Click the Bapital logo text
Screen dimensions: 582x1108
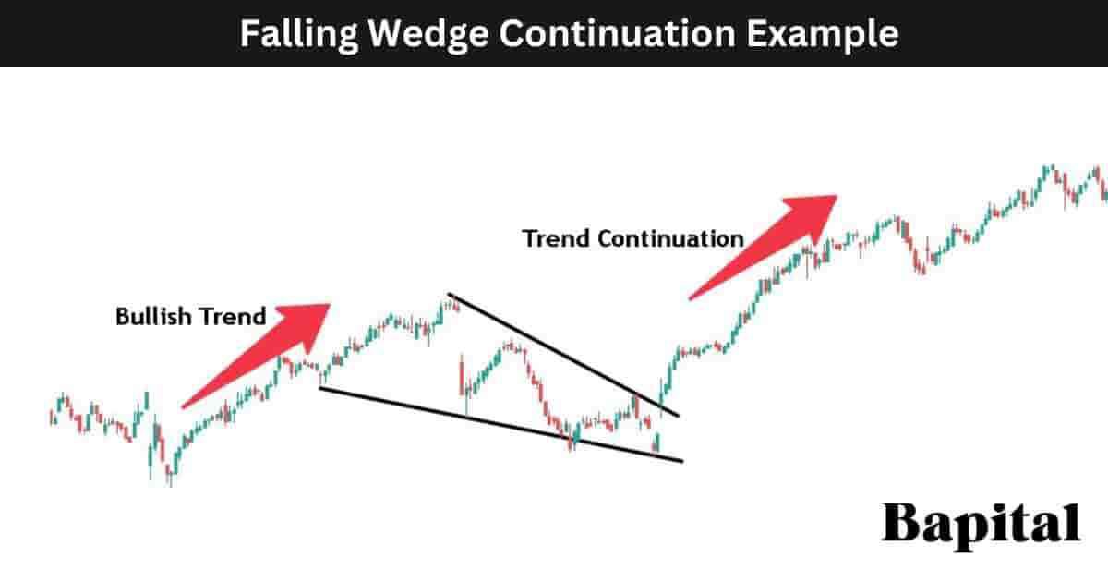(x=981, y=524)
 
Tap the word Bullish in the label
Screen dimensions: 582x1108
(x=151, y=317)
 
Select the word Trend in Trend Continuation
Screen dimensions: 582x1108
(x=557, y=238)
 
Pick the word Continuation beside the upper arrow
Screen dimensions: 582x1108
(x=670, y=238)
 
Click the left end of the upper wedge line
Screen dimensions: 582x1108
(x=449, y=295)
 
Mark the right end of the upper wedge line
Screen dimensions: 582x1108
(x=679, y=416)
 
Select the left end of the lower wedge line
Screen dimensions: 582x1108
(x=319, y=387)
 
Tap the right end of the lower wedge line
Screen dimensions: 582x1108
(x=682, y=460)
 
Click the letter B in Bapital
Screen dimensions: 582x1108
(x=899, y=524)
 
